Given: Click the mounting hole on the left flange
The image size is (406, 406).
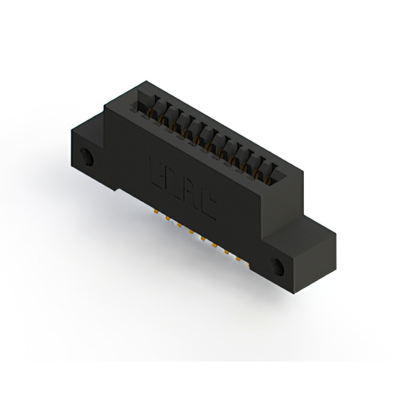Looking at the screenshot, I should coord(86,155).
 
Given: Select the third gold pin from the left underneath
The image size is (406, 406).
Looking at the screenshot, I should coord(180,226).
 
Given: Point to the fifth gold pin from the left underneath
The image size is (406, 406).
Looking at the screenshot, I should coord(203,239).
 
